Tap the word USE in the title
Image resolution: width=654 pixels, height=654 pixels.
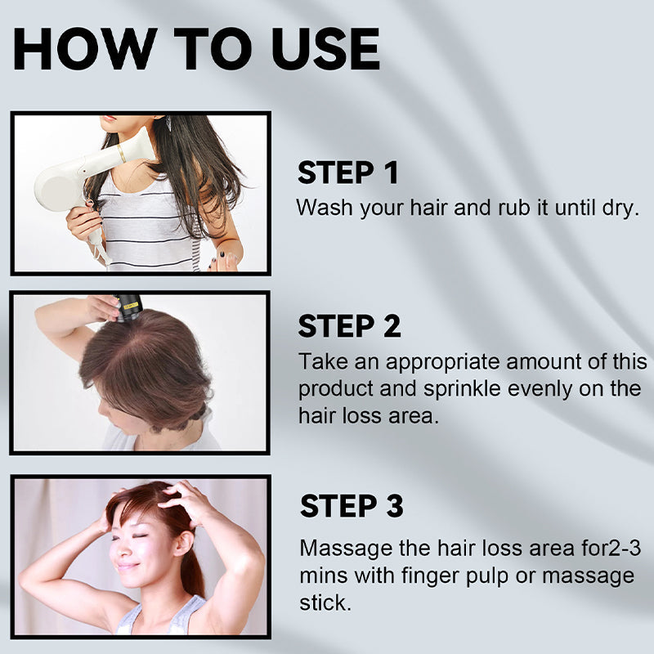(325, 49)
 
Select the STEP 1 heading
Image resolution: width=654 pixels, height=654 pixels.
(348, 172)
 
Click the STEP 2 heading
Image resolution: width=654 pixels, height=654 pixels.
(350, 325)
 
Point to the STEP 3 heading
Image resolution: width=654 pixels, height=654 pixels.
(352, 506)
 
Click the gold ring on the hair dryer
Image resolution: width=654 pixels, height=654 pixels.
(122, 154)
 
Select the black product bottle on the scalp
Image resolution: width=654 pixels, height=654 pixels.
(128, 308)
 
